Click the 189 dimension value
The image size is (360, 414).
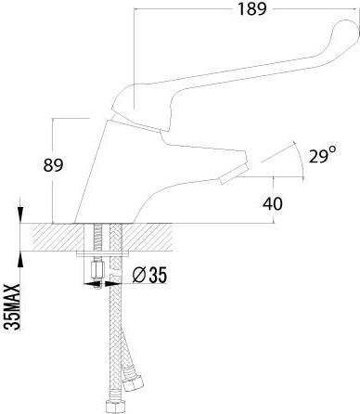point(251,8)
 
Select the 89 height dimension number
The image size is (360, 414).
point(53,165)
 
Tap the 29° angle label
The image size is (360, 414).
point(323,155)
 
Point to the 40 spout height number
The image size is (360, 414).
point(273,203)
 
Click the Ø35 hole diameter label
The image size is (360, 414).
point(149,275)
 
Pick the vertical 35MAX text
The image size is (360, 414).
point(13,307)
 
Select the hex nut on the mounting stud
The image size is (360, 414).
point(96,271)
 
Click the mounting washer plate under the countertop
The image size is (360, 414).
point(103,254)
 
